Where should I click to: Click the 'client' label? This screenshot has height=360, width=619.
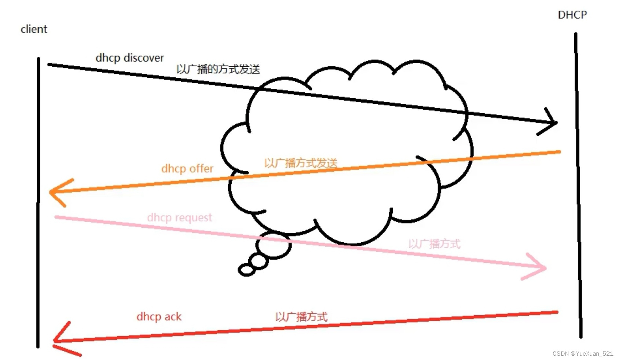(x=34, y=29)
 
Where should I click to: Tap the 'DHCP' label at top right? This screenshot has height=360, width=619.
(x=572, y=15)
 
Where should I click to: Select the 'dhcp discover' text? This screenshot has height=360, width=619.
(x=129, y=58)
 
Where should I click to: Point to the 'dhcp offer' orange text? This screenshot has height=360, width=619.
(x=187, y=169)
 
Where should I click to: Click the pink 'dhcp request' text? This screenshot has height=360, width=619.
(x=179, y=217)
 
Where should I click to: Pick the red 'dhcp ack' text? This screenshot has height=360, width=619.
(x=159, y=317)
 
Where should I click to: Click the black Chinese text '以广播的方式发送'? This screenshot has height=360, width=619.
(x=218, y=69)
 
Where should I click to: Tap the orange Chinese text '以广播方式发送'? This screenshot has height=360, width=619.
(x=301, y=163)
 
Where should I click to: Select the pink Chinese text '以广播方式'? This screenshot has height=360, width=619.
(x=434, y=244)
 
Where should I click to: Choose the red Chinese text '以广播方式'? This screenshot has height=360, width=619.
(x=301, y=317)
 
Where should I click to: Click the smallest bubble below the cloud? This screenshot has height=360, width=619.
(x=246, y=270)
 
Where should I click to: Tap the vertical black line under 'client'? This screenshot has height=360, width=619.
(x=38, y=202)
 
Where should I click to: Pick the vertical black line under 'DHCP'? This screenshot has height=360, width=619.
(x=578, y=183)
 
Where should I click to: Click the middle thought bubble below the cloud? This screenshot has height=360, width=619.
(x=259, y=261)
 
